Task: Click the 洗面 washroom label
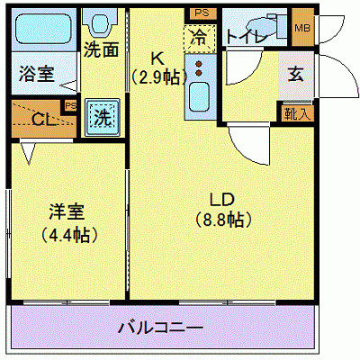pos(102,49)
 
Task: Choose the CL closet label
pos(40,118)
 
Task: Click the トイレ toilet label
pos(244,36)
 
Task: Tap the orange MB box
pos(302,27)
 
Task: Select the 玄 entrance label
pos(295,75)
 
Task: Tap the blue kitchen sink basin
pos(200,95)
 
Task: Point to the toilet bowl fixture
pos(271,23)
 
